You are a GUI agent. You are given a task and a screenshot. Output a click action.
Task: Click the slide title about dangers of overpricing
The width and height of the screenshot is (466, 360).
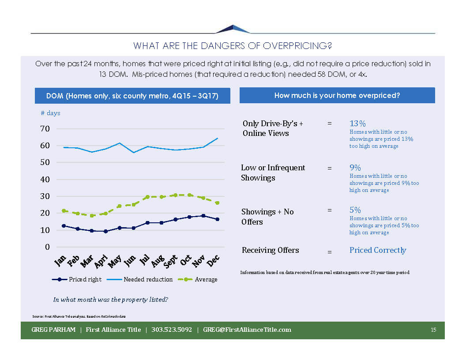click(233, 46)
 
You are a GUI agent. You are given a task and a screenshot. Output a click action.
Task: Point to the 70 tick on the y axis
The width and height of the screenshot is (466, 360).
click(46, 129)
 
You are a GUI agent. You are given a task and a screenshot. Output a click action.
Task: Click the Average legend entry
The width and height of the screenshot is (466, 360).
click(206, 279)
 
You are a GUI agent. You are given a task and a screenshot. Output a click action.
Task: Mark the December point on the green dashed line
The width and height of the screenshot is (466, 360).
click(217, 203)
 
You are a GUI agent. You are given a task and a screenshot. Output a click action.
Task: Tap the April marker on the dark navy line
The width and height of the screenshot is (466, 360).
click(105, 231)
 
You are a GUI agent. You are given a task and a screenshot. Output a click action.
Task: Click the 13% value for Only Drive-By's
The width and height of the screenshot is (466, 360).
click(357, 124)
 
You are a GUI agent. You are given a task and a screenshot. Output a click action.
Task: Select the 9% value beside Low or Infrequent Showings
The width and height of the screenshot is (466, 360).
click(355, 168)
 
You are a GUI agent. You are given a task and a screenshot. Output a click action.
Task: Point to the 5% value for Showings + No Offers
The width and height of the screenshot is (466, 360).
click(355, 210)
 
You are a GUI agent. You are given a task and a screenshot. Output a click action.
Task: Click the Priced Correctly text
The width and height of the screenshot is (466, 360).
click(378, 250)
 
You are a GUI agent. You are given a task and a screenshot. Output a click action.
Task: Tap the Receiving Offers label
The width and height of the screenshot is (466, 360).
click(270, 250)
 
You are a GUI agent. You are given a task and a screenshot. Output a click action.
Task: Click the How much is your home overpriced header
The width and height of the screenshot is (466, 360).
click(337, 95)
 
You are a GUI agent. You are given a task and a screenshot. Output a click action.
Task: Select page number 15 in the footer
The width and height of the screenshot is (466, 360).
click(433, 330)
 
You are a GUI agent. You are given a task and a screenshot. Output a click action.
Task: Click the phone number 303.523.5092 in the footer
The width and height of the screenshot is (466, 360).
click(172, 330)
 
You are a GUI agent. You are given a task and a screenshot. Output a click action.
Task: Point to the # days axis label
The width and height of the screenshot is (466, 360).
click(50, 113)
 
